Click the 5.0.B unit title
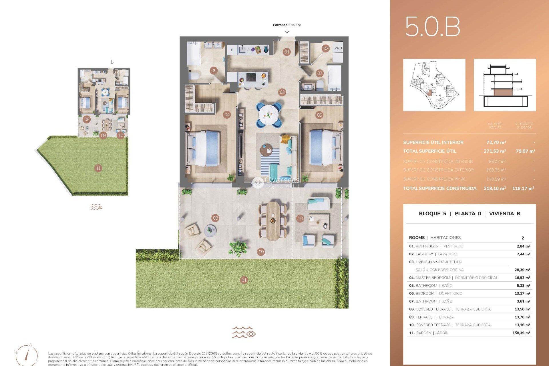click(x=432, y=27)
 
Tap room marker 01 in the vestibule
click(x=287, y=52)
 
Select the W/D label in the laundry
click(x=338, y=48)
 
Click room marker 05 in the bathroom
click(x=214, y=70)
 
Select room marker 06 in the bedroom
click(x=319, y=115)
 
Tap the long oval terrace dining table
click(x=273, y=220)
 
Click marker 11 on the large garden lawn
click(x=244, y=280)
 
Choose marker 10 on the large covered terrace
click(x=300, y=218)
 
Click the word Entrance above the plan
click(x=280, y=25)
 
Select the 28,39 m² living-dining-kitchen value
click(x=522, y=270)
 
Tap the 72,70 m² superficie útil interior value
click(x=496, y=142)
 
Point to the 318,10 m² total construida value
click(x=495, y=188)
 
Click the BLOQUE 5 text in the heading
click(x=432, y=214)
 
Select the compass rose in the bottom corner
click(x=27, y=355)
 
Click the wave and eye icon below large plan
click(x=244, y=332)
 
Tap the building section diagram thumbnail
click(x=505, y=85)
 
